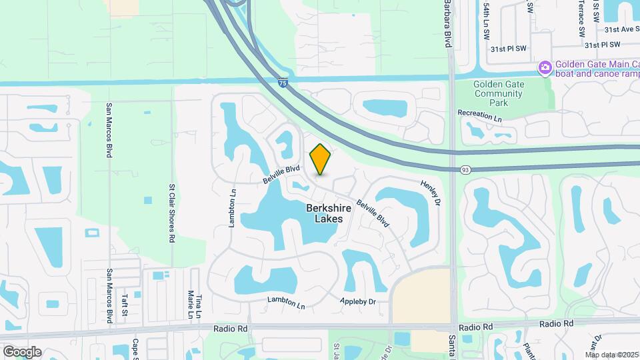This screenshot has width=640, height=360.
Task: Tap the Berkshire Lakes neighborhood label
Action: coord(325,213)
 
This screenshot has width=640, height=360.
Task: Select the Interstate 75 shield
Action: coord(283,83)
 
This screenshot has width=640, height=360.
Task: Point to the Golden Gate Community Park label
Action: coord(499,94)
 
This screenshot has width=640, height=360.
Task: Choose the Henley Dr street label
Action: coord(431,192)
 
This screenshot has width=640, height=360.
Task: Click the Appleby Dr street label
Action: coord(358,302)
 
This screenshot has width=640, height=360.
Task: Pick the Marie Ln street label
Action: coord(190,304)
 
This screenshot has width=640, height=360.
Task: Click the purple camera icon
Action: coord(545,68)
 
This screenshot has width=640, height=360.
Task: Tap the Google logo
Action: coord(22,351)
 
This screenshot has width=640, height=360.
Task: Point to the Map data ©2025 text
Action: coord(612,355)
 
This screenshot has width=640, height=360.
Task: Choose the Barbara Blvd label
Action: coord(447,23)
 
